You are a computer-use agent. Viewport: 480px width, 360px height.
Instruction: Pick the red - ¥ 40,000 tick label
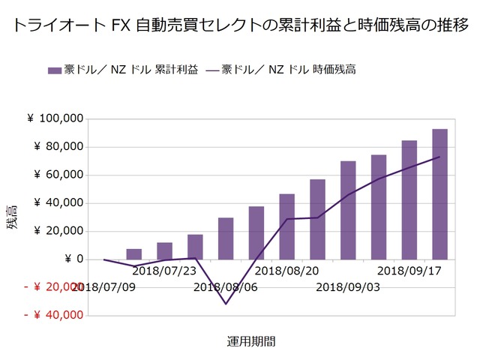pyautogui.click(x=53, y=316)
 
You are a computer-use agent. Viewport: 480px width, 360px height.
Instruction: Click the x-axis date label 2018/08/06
pyautogui.click(x=225, y=286)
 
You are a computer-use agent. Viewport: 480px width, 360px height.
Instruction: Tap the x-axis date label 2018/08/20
pyautogui.click(x=287, y=270)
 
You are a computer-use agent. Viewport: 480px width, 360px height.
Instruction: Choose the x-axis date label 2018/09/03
pyautogui.click(x=348, y=286)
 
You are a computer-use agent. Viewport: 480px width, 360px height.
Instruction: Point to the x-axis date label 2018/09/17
pyautogui.click(x=409, y=270)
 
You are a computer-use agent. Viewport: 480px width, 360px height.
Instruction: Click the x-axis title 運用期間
pyautogui.click(x=251, y=341)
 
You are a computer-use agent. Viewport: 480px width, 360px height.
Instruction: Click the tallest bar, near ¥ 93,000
pyautogui.click(x=439, y=195)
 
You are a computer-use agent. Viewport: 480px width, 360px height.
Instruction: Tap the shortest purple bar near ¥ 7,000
pyautogui.click(x=133, y=254)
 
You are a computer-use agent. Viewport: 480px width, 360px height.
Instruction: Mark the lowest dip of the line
pyautogui.click(x=225, y=304)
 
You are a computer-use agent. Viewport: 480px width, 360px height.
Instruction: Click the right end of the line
pyautogui.click(x=439, y=157)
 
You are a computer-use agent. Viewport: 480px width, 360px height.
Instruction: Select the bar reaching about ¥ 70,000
pyautogui.click(x=348, y=210)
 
